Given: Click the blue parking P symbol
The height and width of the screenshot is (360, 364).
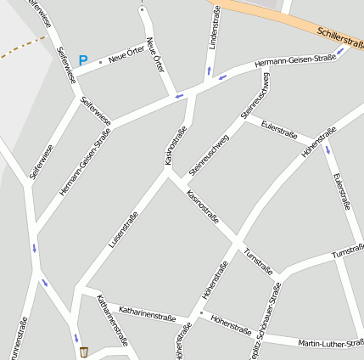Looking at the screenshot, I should [x=82, y=60].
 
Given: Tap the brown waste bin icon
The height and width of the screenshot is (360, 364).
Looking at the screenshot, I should [x=83, y=352].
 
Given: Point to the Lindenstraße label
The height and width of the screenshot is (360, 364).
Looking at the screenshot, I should [x=214, y=28].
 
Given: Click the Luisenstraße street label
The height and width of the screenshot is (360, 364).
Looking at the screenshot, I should [x=123, y=229].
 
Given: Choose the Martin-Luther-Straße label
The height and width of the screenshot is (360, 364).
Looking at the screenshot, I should [x=331, y=343].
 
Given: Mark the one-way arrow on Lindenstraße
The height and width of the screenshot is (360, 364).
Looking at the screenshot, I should [x=209, y=70].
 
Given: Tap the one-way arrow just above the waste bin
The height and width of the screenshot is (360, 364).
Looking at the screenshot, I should [x=76, y=336].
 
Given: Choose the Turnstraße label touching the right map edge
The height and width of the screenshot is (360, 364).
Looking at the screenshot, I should [x=348, y=253].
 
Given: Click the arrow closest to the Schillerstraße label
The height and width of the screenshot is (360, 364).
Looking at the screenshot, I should [x=340, y=53].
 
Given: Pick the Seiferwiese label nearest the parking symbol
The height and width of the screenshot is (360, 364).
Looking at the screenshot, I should [x=64, y=65].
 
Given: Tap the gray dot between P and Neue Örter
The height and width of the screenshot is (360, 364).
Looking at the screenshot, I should [x=100, y=62].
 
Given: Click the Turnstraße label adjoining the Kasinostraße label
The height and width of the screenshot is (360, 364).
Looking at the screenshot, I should [x=258, y=263].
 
